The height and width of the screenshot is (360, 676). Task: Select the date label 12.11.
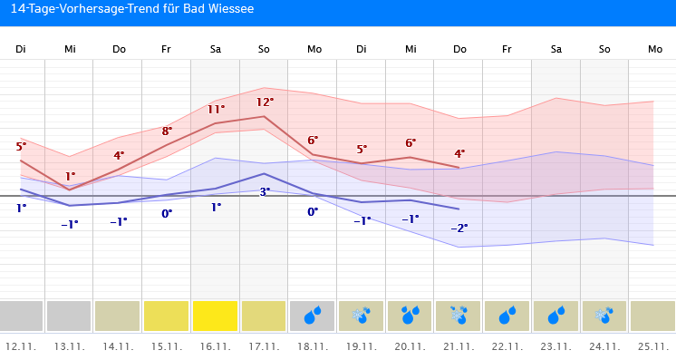(21, 346)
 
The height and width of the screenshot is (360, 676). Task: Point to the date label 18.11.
(314, 346)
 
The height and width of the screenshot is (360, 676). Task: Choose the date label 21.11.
(459, 346)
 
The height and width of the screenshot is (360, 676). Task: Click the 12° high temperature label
(265, 102)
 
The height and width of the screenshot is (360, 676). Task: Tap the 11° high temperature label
(216, 110)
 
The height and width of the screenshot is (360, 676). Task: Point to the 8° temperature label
(167, 131)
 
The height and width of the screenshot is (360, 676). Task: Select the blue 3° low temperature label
(265, 191)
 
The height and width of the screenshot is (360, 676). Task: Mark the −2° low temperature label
(459, 228)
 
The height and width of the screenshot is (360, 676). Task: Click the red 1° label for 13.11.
(70, 177)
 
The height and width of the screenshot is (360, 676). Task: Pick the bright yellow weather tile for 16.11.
(216, 316)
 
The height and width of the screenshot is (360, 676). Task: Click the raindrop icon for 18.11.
(313, 316)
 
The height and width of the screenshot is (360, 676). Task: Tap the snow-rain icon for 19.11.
(362, 316)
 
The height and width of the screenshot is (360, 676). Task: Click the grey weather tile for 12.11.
(21, 316)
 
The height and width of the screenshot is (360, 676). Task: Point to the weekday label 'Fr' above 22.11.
(507, 48)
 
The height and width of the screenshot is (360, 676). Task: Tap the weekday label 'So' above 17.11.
(264, 48)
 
